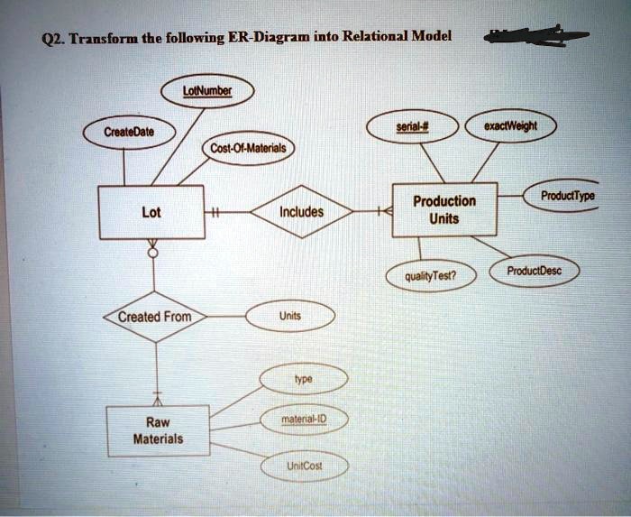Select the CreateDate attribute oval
(128, 132)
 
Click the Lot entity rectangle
(151, 213)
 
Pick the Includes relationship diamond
(301, 213)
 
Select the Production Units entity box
(444, 210)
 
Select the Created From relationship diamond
(154, 317)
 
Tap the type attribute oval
(302, 381)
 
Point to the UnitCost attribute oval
(304, 466)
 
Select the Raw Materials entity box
(157, 430)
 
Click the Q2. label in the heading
(52, 38)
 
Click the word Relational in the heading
(374, 37)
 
